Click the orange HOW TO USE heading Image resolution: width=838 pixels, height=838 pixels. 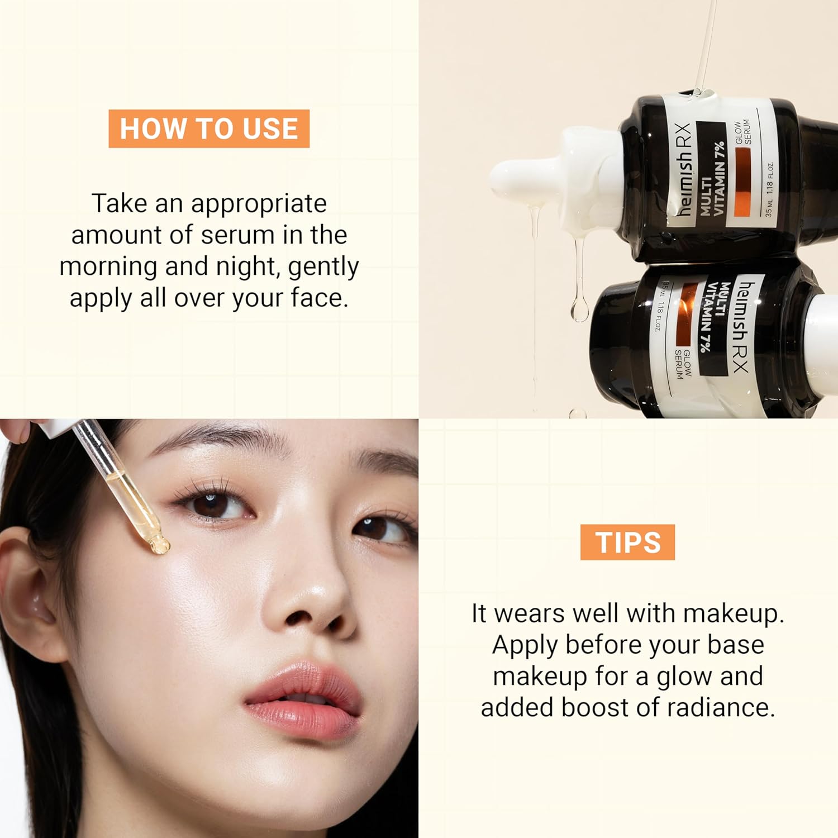[209, 128]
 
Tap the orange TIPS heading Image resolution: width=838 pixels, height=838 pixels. [627, 542]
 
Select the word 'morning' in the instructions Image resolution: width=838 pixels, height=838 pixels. [108, 266]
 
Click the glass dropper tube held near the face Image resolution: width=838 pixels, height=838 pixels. [120, 480]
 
